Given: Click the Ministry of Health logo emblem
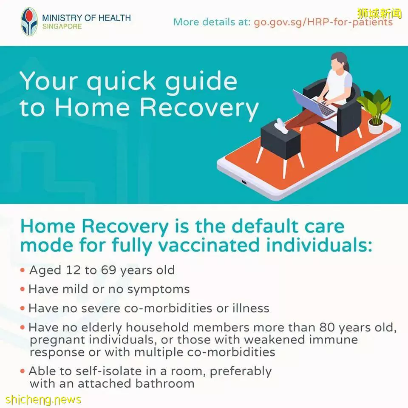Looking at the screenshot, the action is pos(29,22).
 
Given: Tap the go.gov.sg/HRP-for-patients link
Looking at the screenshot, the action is pos(323,22).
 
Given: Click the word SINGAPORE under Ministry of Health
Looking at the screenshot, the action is pos(62,26).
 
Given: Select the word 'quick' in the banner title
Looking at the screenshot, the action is pos(121,82).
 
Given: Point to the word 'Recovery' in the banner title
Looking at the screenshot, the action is pos(199,108).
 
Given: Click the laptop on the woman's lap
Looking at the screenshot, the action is pos(314,104).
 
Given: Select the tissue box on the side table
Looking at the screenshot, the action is pos(280,126).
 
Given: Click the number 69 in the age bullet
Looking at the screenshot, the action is pos(108,270).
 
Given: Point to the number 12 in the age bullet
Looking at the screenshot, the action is pos(73,270).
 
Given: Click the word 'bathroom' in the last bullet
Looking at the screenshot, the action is pos(165,384).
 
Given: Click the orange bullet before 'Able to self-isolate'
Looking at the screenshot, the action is pos(23,371).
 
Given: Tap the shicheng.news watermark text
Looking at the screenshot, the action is pos(43,399).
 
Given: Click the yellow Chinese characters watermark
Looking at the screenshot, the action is pos(380,14).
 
